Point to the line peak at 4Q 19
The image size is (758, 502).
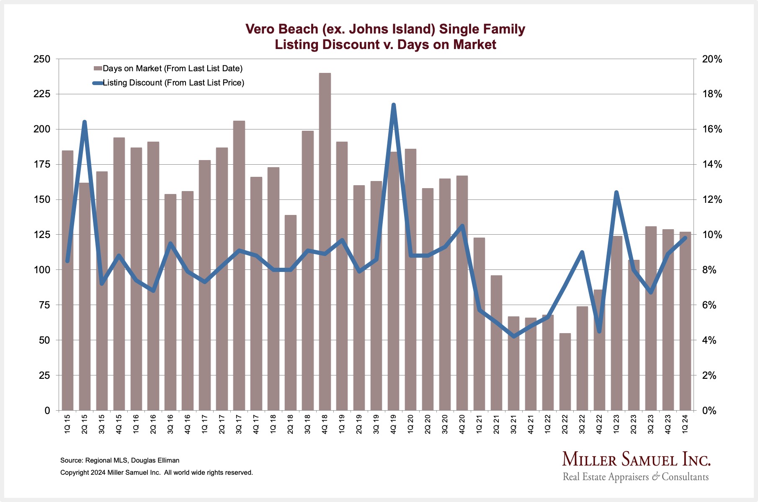click(x=393, y=105)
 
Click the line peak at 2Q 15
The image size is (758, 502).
click(x=85, y=122)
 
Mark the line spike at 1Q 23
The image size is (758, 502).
click(x=616, y=192)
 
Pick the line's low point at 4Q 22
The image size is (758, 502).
click(x=599, y=331)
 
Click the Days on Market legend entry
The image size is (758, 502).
click(x=172, y=68)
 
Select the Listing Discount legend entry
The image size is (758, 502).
click(x=173, y=83)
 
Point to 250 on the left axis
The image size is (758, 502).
click(x=41, y=59)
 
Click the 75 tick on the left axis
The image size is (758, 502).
click(x=44, y=305)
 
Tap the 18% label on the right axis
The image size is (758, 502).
click(x=712, y=94)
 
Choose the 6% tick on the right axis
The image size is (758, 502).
click(x=709, y=305)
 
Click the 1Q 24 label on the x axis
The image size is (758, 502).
click(x=685, y=424)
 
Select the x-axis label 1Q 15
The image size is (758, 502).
click(x=67, y=424)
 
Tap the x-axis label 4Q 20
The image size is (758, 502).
click(x=462, y=424)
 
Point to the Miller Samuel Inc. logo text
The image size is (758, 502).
click(x=636, y=459)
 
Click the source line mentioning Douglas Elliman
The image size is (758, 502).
click(x=120, y=460)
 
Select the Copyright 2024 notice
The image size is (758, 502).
click(x=156, y=472)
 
